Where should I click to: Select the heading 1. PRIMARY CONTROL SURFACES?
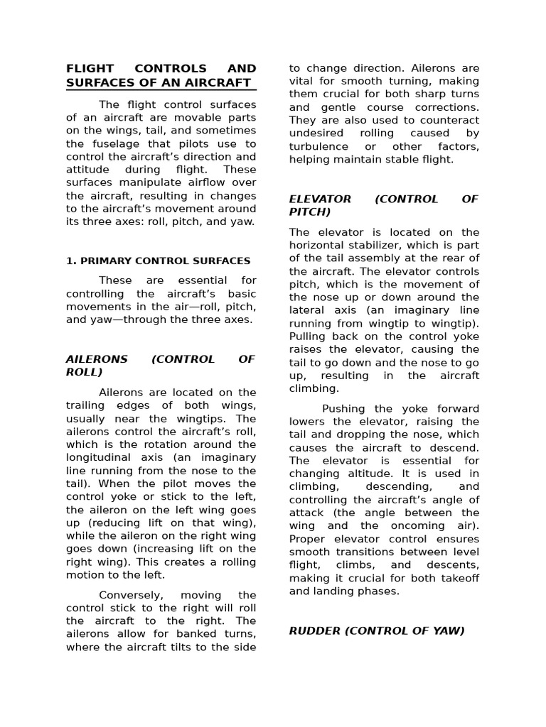(x=158, y=261)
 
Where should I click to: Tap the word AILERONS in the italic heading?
(x=97, y=359)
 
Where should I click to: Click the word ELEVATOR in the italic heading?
(x=320, y=199)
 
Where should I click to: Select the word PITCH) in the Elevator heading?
(x=310, y=212)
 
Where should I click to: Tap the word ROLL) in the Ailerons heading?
(x=85, y=372)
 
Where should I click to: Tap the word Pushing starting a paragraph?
(x=344, y=409)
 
